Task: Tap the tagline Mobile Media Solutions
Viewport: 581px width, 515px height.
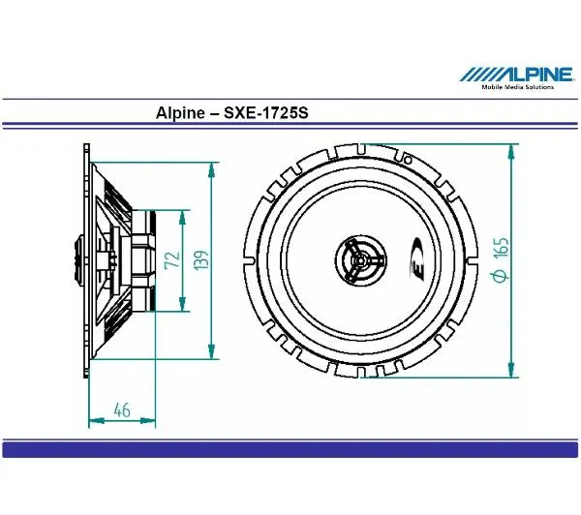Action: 518,87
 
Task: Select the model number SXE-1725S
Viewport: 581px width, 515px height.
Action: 266,112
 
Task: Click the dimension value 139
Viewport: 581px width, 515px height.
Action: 200,260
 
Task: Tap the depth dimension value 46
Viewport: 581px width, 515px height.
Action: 122,409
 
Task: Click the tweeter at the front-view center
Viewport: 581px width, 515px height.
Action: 359,259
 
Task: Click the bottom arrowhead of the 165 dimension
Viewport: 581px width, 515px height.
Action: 511,373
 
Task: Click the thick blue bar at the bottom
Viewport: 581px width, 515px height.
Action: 290,448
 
